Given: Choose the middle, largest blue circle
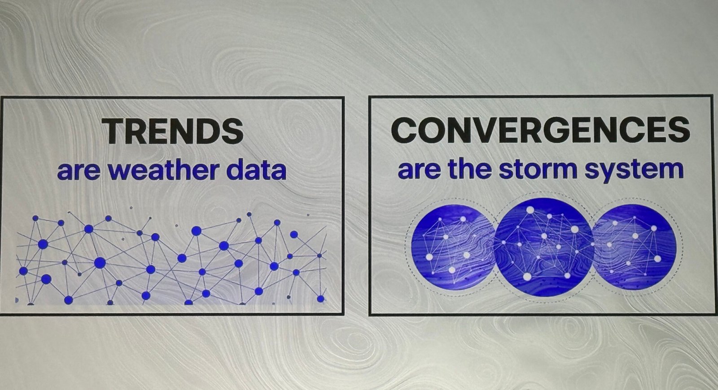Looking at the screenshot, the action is point(544,247).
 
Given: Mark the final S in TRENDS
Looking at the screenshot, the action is point(232,131).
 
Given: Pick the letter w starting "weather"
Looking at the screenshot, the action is point(119,172).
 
